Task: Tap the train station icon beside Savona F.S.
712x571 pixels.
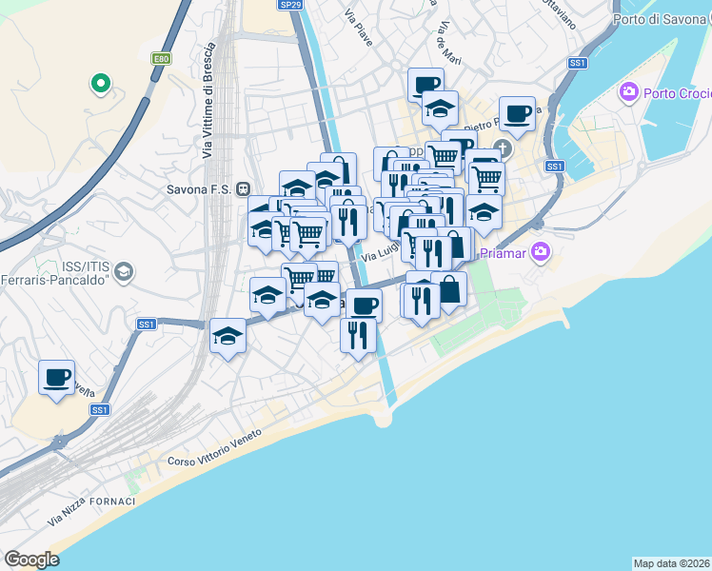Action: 244,188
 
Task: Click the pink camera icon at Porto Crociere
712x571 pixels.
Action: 628,92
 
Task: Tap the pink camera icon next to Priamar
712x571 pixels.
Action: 542,252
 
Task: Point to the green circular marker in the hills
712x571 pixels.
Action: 99,85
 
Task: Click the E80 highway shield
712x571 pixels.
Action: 162,59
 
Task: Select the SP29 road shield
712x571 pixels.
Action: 291,5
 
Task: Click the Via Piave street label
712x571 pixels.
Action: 359,29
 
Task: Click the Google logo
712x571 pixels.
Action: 31,559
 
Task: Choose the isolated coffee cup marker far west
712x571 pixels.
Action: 57,377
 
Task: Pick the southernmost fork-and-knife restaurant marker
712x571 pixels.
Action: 358,334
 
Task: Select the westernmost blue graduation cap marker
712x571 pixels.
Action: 227,336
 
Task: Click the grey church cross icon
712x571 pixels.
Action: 504,149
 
